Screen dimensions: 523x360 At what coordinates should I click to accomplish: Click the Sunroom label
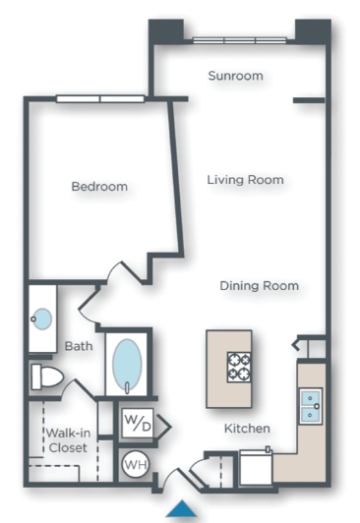pos(235,76)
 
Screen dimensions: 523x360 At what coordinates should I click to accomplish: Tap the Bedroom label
pos(99,186)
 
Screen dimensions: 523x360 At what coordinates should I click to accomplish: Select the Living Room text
pos(245,180)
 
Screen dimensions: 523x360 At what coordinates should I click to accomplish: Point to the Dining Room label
pos(259,286)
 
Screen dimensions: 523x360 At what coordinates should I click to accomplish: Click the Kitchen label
pos(247,429)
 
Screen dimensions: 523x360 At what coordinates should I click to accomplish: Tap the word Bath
pos(78,347)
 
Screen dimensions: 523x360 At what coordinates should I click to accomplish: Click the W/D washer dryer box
pos(136,425)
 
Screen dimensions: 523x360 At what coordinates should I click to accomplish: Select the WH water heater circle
pos(135,463)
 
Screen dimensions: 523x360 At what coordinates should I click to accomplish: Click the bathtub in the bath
pos(128,366)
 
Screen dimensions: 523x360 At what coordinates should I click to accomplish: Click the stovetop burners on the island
pos(240,366)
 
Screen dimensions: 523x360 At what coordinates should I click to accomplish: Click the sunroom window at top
pos(237,40)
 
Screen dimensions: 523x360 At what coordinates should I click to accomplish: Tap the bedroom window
pos(98,97)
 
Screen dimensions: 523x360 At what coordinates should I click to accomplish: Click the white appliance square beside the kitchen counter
pos(255,467)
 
